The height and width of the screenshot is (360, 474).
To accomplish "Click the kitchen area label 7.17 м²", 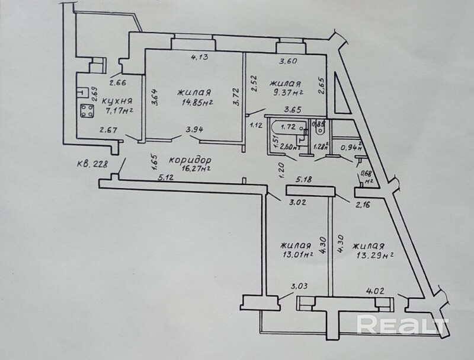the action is pos(118,110).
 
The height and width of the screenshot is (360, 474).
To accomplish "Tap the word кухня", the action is pos(116,101).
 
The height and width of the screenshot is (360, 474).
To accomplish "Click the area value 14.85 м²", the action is pos(195,102).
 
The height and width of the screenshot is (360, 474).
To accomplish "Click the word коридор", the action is pos(190,160).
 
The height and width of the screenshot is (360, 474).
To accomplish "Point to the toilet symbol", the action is pos(321,130).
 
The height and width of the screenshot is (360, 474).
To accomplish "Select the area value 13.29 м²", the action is pos(373,256).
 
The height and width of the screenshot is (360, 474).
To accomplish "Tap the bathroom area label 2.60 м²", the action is pos(290,147).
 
